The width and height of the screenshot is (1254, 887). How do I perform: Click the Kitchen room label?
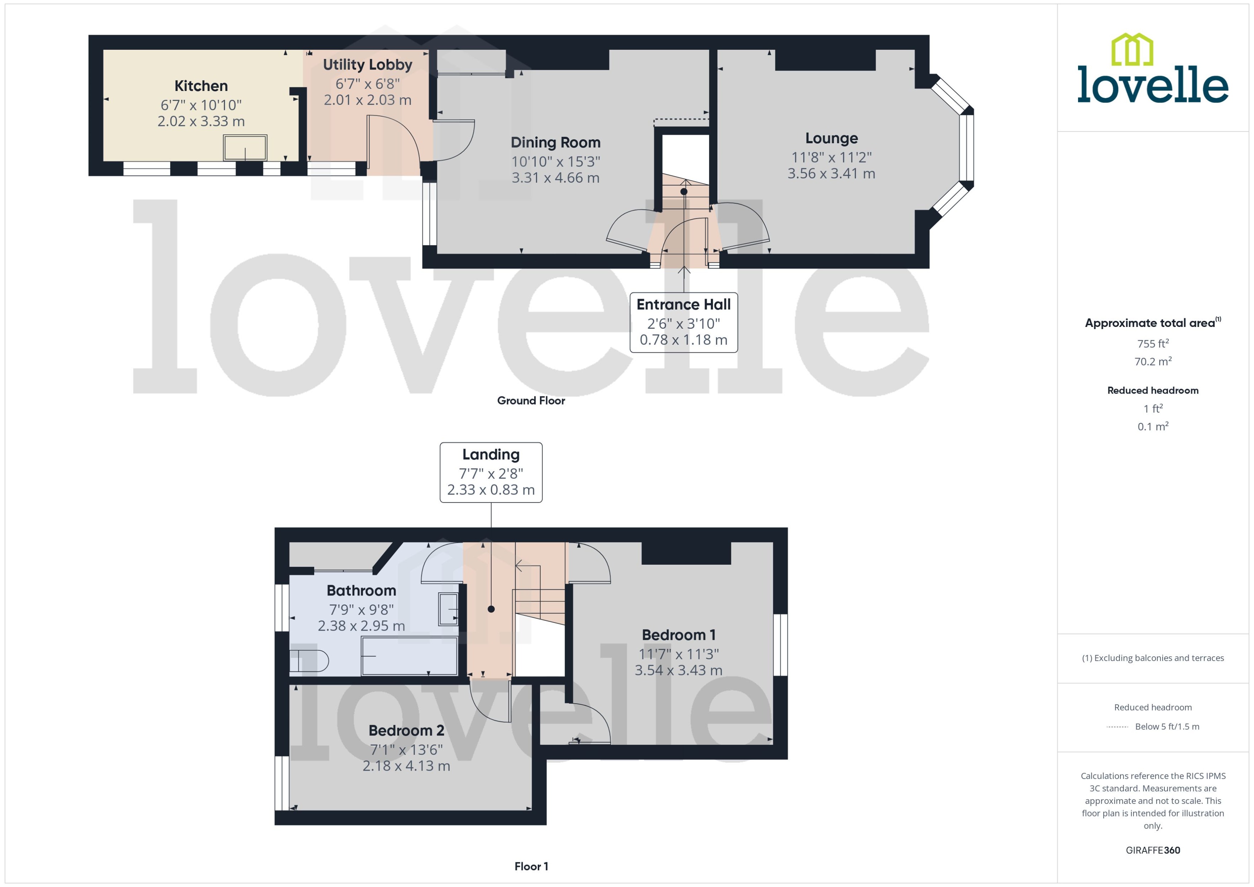point(201,86)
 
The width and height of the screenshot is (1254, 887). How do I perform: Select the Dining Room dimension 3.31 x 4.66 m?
point(555,178)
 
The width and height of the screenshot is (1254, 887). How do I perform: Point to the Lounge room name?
point(831,138)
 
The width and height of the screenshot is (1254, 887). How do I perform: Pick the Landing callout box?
point(490,472)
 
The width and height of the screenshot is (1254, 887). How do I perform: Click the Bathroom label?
point(361,590)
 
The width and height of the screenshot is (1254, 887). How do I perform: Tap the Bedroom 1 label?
point(678,635)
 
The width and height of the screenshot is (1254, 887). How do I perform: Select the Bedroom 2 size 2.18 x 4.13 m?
point(406,766)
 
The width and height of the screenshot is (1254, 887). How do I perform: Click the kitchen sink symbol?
point(245,148)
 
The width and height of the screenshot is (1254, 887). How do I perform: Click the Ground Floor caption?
point(531,400)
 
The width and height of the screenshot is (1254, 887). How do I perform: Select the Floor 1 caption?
point(531,866)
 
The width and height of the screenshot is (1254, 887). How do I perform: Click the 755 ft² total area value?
point(1152,343)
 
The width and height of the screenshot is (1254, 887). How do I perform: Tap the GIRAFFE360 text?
point(1152,850)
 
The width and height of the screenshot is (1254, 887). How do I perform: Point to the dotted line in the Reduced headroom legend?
point(1117,727)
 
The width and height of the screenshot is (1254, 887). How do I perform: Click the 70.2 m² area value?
point(1152,362)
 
